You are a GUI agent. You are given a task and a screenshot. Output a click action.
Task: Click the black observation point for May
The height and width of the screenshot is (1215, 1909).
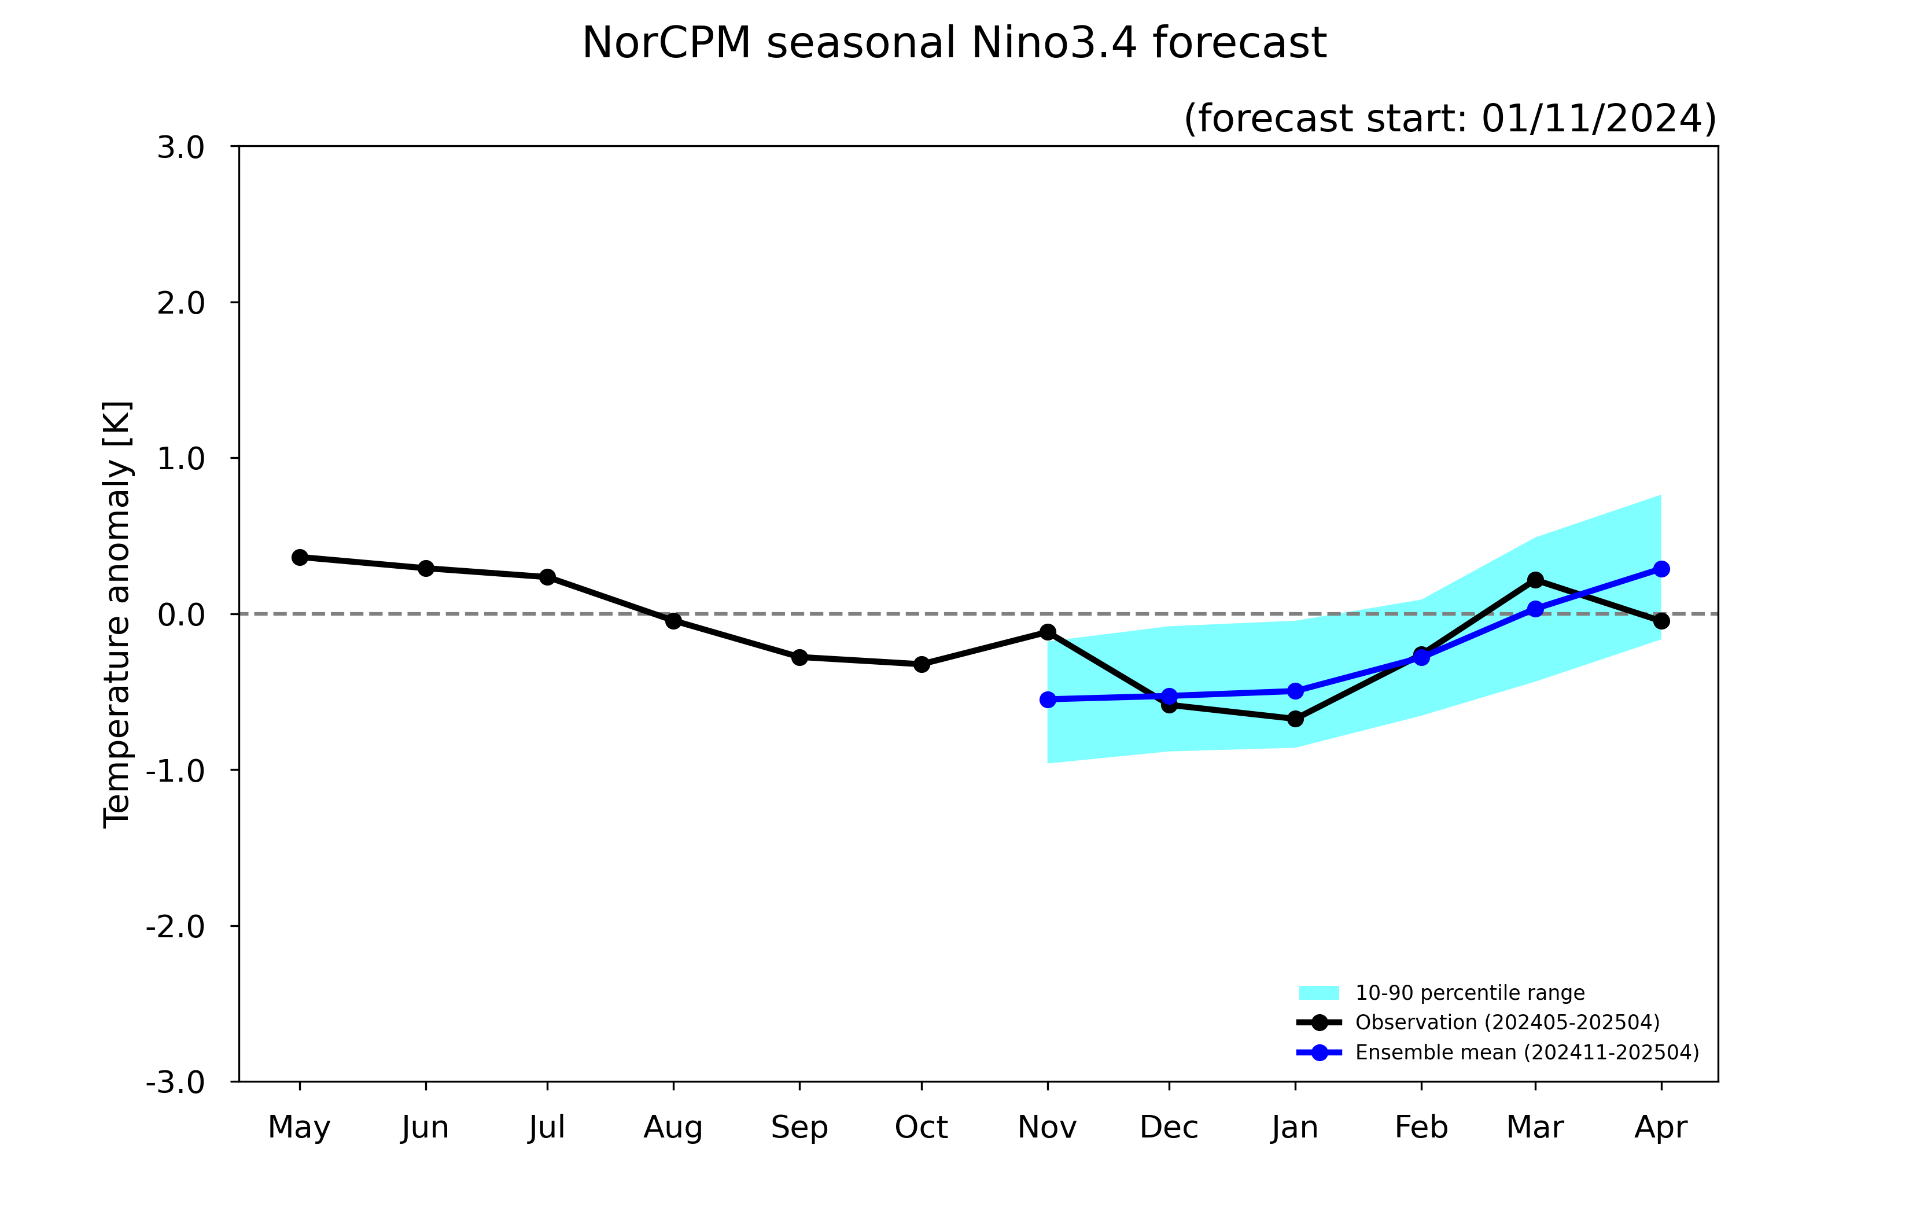(300, 558)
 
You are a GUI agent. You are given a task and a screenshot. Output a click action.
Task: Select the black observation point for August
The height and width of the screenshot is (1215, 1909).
(674, 621)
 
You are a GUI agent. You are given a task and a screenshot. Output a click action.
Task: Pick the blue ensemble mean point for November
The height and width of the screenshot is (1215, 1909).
(1048, 700)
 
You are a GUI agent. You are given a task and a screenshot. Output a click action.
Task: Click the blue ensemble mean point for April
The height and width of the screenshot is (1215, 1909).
(1661, 569)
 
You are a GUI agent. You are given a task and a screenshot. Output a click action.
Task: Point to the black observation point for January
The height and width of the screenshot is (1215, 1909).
(1295, 719)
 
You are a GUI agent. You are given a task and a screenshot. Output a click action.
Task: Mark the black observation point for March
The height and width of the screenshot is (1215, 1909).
(1536, 580)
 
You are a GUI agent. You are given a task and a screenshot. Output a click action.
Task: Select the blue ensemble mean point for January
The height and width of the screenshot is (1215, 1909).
(1295, 691)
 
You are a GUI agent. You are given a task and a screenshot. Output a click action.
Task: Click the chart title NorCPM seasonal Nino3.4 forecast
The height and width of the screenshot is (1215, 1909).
(954, 43)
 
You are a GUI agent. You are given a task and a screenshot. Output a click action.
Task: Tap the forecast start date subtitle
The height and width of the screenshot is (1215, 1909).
(1450, 118)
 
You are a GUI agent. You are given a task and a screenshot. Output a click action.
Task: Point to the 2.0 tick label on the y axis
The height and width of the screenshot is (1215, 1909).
(180, 303)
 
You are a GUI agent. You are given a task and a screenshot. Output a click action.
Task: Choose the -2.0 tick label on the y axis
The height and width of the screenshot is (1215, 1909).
(175, 926)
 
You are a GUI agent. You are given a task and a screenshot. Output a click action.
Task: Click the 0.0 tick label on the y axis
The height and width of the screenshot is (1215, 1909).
(180, 614)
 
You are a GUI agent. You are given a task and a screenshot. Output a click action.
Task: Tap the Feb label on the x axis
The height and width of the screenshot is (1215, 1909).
(1421, 1127)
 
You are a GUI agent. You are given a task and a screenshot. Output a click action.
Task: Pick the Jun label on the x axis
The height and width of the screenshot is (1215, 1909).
(425, 1128)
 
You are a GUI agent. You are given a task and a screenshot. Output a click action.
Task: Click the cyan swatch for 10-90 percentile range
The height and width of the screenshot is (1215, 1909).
(1319, 993)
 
